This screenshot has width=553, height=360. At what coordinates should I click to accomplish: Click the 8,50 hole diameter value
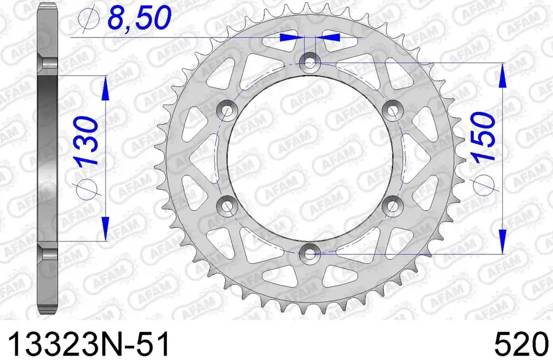coord(139,18)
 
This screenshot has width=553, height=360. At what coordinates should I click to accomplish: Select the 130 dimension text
coord(87,142)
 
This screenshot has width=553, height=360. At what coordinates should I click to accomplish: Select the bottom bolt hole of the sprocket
coord(310,253)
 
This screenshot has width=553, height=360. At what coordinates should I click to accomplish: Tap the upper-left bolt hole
coord(227,111)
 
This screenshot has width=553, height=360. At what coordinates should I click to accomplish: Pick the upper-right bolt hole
coord(392,111)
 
